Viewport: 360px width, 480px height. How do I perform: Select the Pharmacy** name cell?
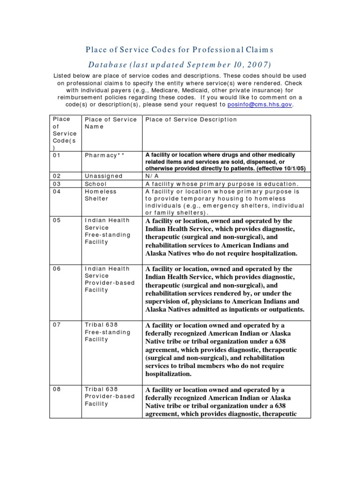pyautogui.click(x=105, y=155)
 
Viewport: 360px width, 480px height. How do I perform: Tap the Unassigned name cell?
pyautogui.click(x=104, y=176)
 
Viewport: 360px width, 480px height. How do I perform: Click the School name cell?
pyautogui.click(x=96, y=184)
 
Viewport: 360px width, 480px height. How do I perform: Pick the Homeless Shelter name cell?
pyautogui.click(x=101, y=195)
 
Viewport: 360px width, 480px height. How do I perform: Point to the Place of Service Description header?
pyautogui.click(x=191, y=120)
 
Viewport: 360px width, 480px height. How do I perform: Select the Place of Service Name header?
pyautogui.click(x=111, y=123)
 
